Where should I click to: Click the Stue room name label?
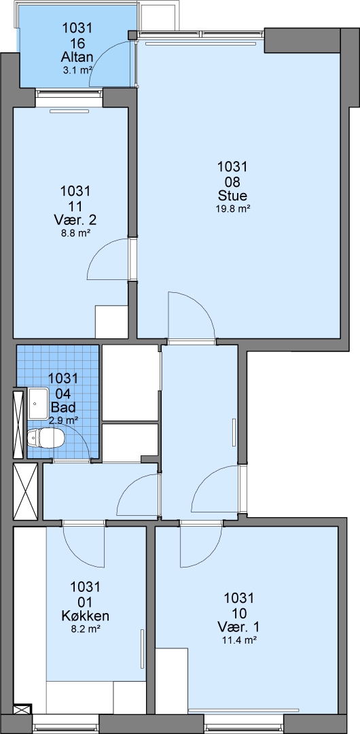(x=232, y=195)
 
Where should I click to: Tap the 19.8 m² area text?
(x=232, y=209)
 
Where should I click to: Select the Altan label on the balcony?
(x=77, y=58)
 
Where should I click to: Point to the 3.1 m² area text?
(x=77, y=71)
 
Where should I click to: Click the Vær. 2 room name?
(x=75, y=220)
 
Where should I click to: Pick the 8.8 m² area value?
(x=75, y=234)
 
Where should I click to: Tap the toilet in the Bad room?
(x=46, y=438)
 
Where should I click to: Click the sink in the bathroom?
(x=39, y=404)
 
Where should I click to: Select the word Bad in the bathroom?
(x=63, y=406)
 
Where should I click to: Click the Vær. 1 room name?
(x=239, y=627)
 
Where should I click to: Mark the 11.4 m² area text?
(x=239, y=640)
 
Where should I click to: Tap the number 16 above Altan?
(x=77, y=43)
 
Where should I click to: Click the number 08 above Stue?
(x=232, y=181)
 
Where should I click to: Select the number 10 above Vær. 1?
(x=239, y=612)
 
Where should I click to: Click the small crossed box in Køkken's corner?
(x=22, y=709)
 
